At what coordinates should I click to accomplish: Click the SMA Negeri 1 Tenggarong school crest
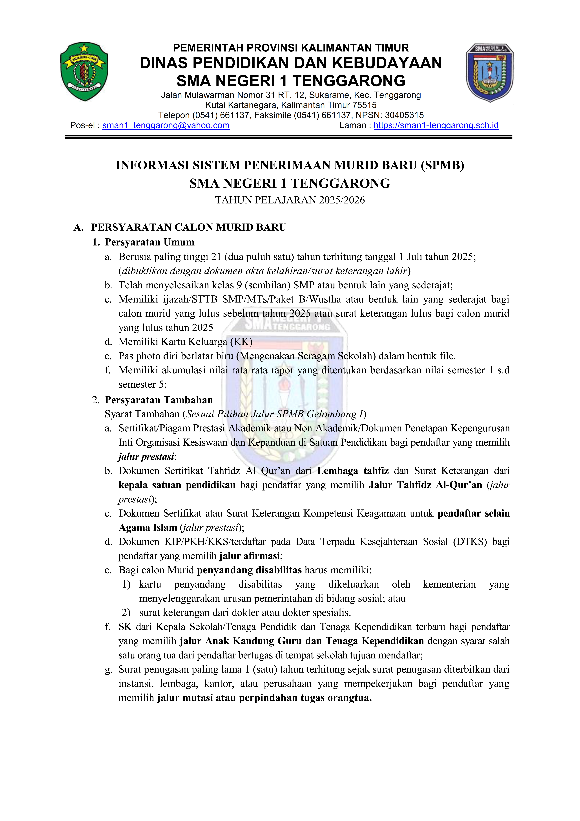point(490,73)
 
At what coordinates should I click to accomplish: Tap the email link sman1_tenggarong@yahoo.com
point(166,126)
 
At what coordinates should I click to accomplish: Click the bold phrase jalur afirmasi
point(249,556)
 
